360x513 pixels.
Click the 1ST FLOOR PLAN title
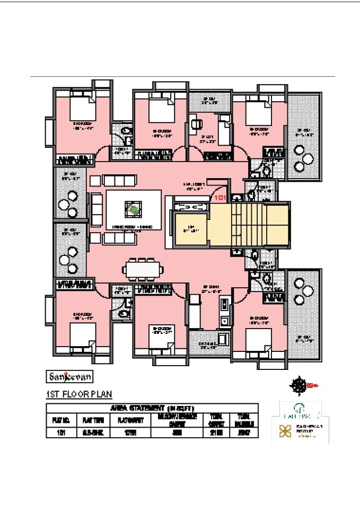[x=78, y=394]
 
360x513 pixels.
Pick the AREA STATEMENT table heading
[x=152, y=408]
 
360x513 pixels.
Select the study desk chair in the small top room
[x=197, y=125]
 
